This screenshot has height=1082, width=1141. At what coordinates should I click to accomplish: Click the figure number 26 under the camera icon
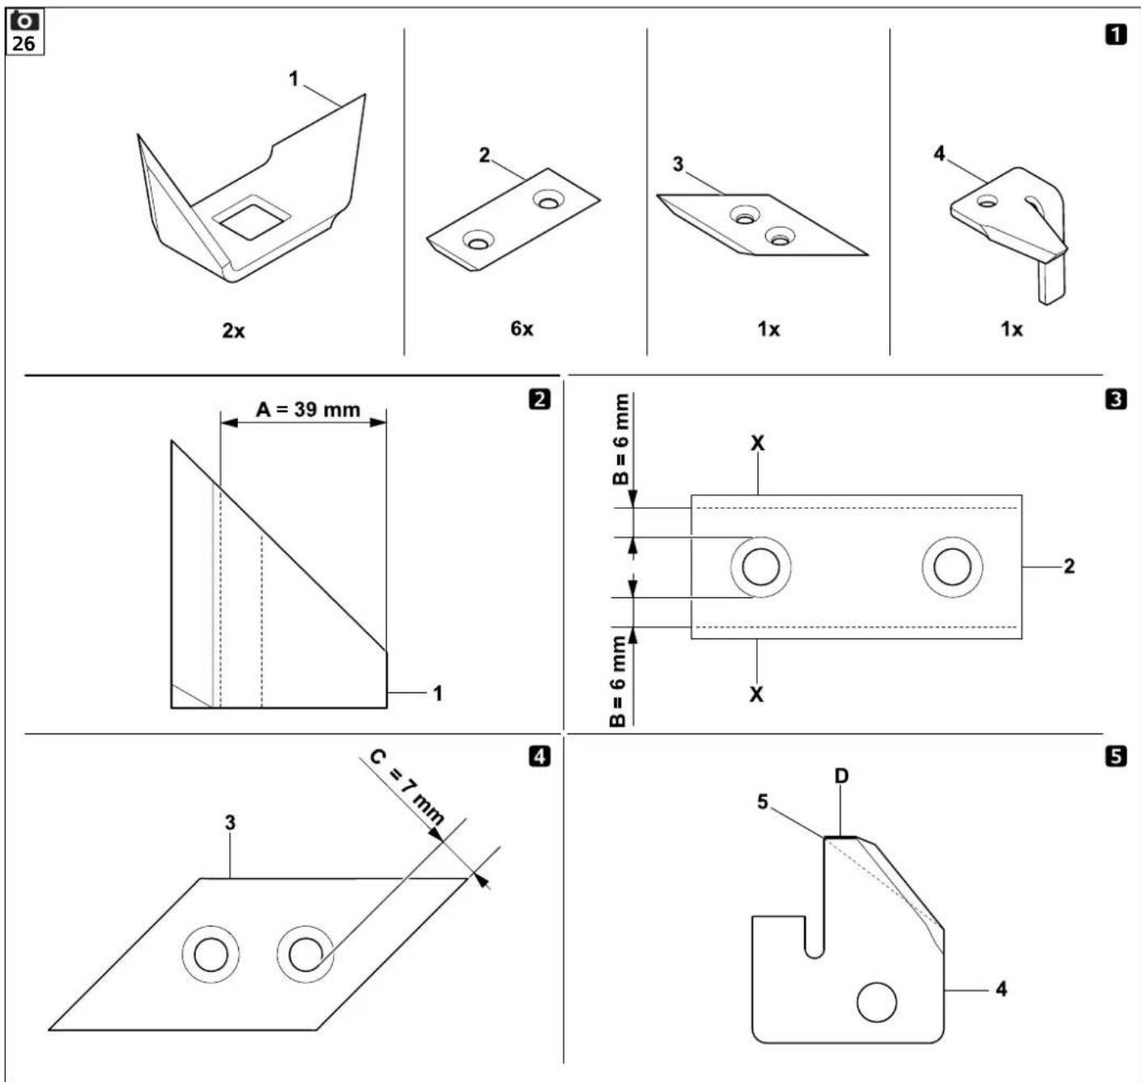pos(23,44)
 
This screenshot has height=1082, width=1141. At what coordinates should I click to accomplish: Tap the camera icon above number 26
pos(24,22)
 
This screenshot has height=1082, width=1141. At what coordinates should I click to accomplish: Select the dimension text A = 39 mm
pos(309,409)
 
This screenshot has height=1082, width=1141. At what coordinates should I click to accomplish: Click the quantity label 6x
pos(522,329)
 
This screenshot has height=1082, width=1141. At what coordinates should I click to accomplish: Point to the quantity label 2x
pos(233,331)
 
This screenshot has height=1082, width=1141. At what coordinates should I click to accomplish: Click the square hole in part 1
pos(251,218)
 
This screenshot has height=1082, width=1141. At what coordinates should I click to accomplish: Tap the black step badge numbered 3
pos(1116,400)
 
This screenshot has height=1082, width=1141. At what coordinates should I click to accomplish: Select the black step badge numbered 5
pos(1116,757)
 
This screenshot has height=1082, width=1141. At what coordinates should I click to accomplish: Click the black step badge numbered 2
pos(540,400)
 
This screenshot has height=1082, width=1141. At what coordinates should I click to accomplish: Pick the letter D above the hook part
pos(841,775)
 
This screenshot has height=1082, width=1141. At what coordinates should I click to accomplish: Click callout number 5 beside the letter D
pos(763,802)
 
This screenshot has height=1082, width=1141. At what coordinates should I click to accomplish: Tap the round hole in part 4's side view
pos(876,1002)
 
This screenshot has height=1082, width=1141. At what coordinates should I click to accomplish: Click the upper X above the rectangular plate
pos(757,443)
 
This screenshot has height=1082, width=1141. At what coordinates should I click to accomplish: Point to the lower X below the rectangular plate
pos(756,694)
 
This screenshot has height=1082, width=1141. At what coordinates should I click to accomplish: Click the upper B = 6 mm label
pos(620,439)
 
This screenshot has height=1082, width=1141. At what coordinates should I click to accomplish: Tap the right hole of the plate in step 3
pos(952,566)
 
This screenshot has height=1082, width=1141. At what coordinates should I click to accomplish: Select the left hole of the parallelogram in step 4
pos(211,954)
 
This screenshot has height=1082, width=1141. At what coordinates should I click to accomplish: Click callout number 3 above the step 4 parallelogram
pos(230,823)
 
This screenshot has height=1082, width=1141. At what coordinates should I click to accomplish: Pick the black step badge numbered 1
pos(1116,36)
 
